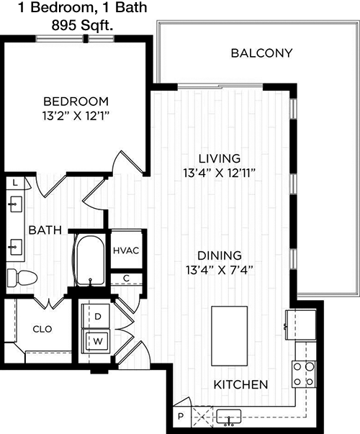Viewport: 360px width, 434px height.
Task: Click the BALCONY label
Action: pyautogui.click(x=261, y=53)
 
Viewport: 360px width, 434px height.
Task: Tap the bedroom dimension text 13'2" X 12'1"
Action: pyautogui.click(x=75, y=116)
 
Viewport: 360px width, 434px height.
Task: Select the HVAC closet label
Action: pyautogui.click(x=126, y=250)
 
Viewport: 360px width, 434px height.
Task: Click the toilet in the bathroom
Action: pyautogui.click(x=22, y=277)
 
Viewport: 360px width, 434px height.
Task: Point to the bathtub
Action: pyautogui.click(x=90, y=260)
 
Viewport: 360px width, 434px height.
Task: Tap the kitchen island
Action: pyautogui.click(x=229, y=335)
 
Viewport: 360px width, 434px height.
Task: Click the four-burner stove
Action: pyautogui.click(x=304, y=374)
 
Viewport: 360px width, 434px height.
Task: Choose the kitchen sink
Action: pyautogui.click(x=229, y=417)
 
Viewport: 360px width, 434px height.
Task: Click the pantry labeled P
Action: pyautogui.click(x=181, y=416)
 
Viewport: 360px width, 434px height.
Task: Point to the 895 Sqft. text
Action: pyautogui.click(x=82, y=26)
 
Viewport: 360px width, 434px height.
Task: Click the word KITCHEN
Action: pyautogui.click(x=240, y=384)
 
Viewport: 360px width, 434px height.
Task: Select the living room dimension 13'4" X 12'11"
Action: pyautogui.click(x=219, y=173)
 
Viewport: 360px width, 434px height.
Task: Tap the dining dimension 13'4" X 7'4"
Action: pyautogui.click(x=220, y=270)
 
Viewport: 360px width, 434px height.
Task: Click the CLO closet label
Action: pyautogui.click(x=42, y=329)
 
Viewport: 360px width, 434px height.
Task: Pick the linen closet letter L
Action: pyautogui.click(x=15, y=183)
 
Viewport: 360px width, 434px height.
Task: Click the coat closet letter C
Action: pyautogui.click(x=126, y=278)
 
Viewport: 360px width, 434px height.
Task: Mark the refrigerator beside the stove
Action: pyautogui.click(x=301, y=325)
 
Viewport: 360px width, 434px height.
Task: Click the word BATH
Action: pyautogui.click(x=45, y=230)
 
